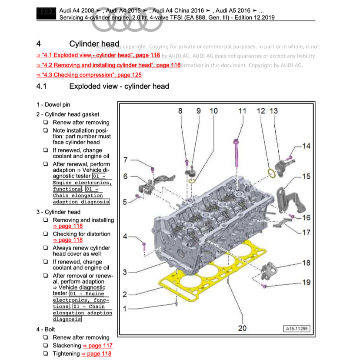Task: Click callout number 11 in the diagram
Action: pos(242,111)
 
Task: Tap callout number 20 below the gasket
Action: pos(242,327)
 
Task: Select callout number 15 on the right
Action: pos(306,176)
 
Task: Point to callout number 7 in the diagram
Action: pos(126,160)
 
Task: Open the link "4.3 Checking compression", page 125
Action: pos(89,75)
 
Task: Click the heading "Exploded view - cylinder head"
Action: pos(119,86)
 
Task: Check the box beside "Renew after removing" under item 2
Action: pos(46,123)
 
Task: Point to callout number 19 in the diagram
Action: pos(306,282)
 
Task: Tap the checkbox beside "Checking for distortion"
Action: pos(46,234)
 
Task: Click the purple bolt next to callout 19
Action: pos(263,286)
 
